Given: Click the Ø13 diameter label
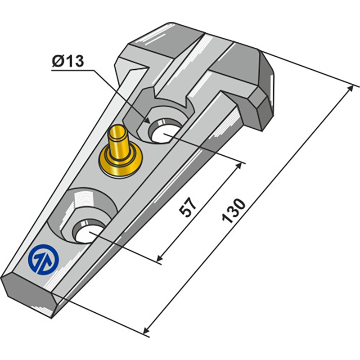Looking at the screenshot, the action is coord(68,61).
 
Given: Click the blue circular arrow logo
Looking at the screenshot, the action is coord(43,260).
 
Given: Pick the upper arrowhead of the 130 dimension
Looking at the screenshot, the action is coord(351,89).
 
